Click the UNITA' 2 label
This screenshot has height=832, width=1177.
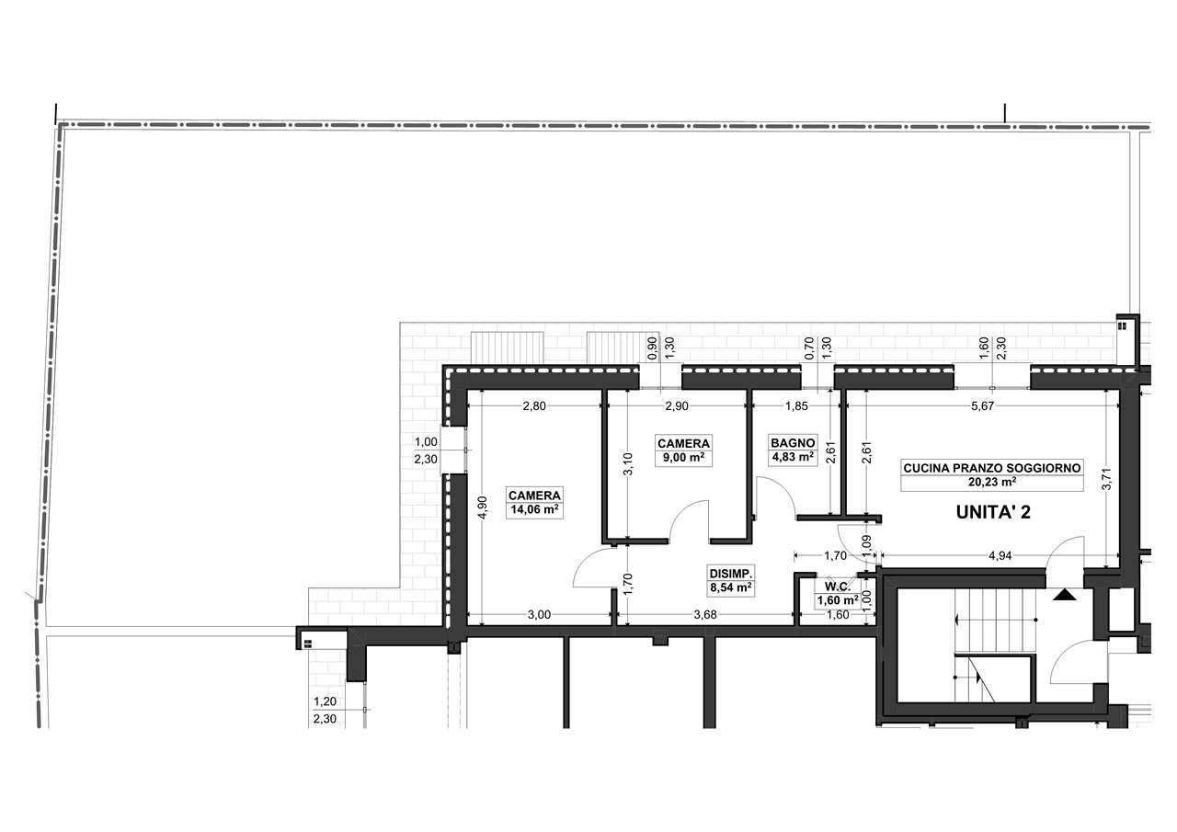coord(993,512)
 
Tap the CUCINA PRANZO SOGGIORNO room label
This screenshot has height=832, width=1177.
coord(992,468)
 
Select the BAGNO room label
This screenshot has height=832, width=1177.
coord(793,443)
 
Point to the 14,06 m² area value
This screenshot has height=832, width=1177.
coord(534,509)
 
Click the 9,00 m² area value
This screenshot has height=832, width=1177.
coord(683,458)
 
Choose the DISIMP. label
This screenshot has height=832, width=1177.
coord(731,574)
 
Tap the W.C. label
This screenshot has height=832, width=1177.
coord(838,587)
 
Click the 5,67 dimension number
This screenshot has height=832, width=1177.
coord(983,406)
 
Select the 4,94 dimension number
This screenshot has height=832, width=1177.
coord(1000,555)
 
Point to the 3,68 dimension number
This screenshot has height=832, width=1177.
coord(705,614)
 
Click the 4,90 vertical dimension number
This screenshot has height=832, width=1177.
coord(484,507)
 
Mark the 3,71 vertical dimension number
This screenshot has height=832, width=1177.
coord(1106,479)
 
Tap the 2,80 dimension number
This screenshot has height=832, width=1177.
coord(534,406)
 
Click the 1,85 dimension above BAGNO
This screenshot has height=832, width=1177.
coord(796,406)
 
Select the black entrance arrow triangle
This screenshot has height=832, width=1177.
coord(1065,595)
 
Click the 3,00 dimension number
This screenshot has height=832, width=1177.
coord(539,614)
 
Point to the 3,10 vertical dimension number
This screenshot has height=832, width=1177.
coord(628,464)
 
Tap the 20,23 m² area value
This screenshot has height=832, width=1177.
coord(992,482)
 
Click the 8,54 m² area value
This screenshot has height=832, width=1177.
coord(731,587)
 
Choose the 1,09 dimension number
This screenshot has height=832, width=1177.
coord(867,544)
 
